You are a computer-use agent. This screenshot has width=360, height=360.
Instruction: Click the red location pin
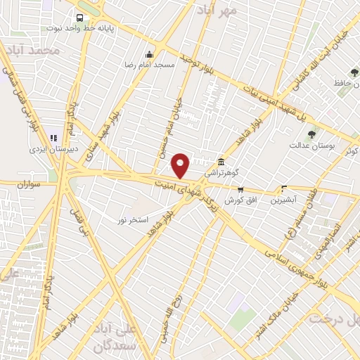pyautogui.click(x=181, y=165)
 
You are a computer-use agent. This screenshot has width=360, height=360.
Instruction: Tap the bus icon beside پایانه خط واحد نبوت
pyautogui.click(x=79, y=18)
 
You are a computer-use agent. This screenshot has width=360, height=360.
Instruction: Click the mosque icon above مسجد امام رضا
pyautogui.click(x=148, y=55)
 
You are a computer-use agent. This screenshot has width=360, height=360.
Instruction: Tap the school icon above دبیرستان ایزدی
pyautogui.click(x=53, y=139)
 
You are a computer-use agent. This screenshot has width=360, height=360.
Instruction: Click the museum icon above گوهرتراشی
pyautogui.click(x=221, y=161)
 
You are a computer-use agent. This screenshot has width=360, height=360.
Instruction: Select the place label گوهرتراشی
pyautogui.click(x=221, y=172)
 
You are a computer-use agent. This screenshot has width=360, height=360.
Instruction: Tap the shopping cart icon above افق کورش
pyautogui.click(x=240, y=190)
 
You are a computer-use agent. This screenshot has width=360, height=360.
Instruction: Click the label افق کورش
pyautogui.click(x=239, y=200)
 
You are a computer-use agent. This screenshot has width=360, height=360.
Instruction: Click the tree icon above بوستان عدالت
pyautogui.click(x=311, y=134)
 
